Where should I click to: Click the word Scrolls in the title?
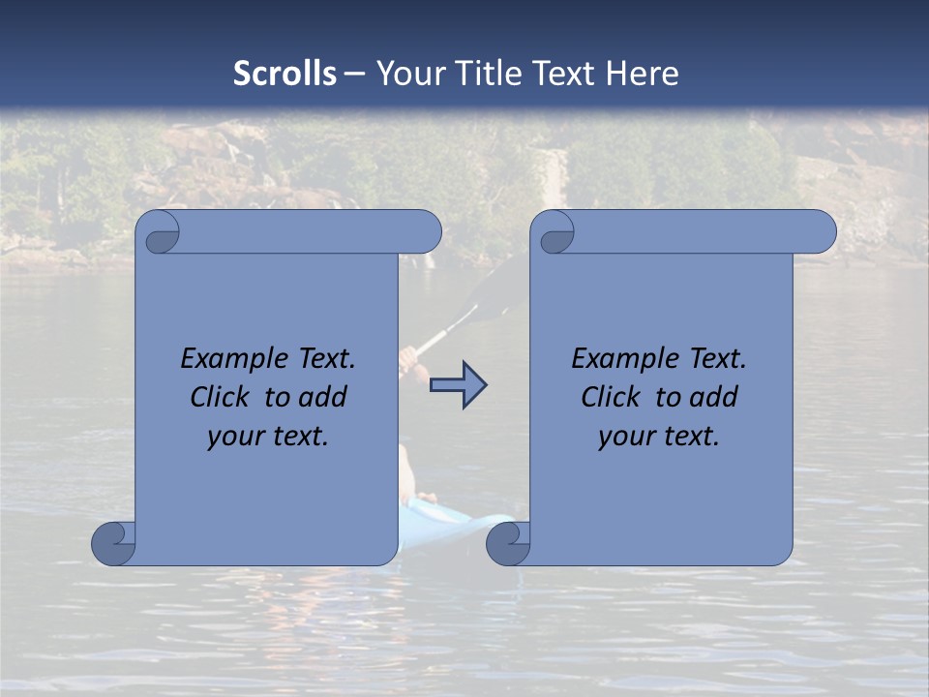(285, 74)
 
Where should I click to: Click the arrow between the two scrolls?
(458, 384)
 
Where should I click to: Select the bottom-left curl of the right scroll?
(509, 543)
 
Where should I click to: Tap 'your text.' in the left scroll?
(268, 436)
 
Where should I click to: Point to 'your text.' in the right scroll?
(659, 436)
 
